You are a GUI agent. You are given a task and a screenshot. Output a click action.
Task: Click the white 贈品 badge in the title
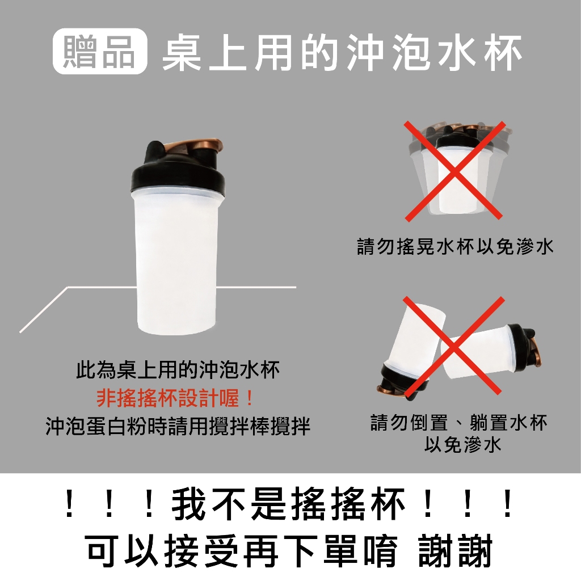click(100, 51)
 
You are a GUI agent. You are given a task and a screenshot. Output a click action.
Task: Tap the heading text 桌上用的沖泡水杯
click(342, 52)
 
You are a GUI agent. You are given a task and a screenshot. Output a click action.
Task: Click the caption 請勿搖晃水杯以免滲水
click(455, 246)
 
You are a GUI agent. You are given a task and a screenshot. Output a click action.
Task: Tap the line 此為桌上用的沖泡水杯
click(178, 369)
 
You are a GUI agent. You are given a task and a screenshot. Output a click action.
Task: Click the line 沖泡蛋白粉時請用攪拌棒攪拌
click(178, 426)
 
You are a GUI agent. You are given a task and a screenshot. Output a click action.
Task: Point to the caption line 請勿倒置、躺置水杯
click(458, 422)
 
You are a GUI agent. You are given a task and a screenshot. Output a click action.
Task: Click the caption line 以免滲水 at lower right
click(463, 444)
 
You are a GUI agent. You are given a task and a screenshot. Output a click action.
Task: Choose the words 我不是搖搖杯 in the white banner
click(289, 504)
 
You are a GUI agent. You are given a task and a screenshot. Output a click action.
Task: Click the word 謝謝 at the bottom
click(455, 550)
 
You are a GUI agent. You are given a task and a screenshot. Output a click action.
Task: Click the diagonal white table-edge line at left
click(44, 309)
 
